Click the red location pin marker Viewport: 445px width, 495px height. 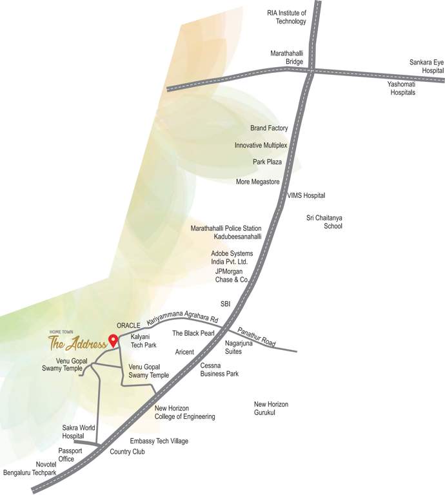point(113,340)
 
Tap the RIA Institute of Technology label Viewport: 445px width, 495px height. point(287,17)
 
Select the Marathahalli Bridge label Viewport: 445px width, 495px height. point(286,57)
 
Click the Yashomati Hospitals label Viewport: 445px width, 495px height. point(401,88)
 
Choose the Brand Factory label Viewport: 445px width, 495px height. point(269,128)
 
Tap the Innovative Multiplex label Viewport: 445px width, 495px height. point(261,146)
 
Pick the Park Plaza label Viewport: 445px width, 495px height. point(267,162)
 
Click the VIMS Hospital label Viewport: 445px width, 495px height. point(306,195)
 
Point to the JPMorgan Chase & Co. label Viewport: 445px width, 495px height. point(232,276)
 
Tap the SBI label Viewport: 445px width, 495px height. point(225,303)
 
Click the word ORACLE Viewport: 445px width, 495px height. point(128,325)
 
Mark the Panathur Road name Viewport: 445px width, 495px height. point(257,337)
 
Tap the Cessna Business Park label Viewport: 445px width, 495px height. point(219,369)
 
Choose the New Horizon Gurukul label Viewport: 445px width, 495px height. point(271,408)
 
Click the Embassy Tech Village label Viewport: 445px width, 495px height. point(159,441)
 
